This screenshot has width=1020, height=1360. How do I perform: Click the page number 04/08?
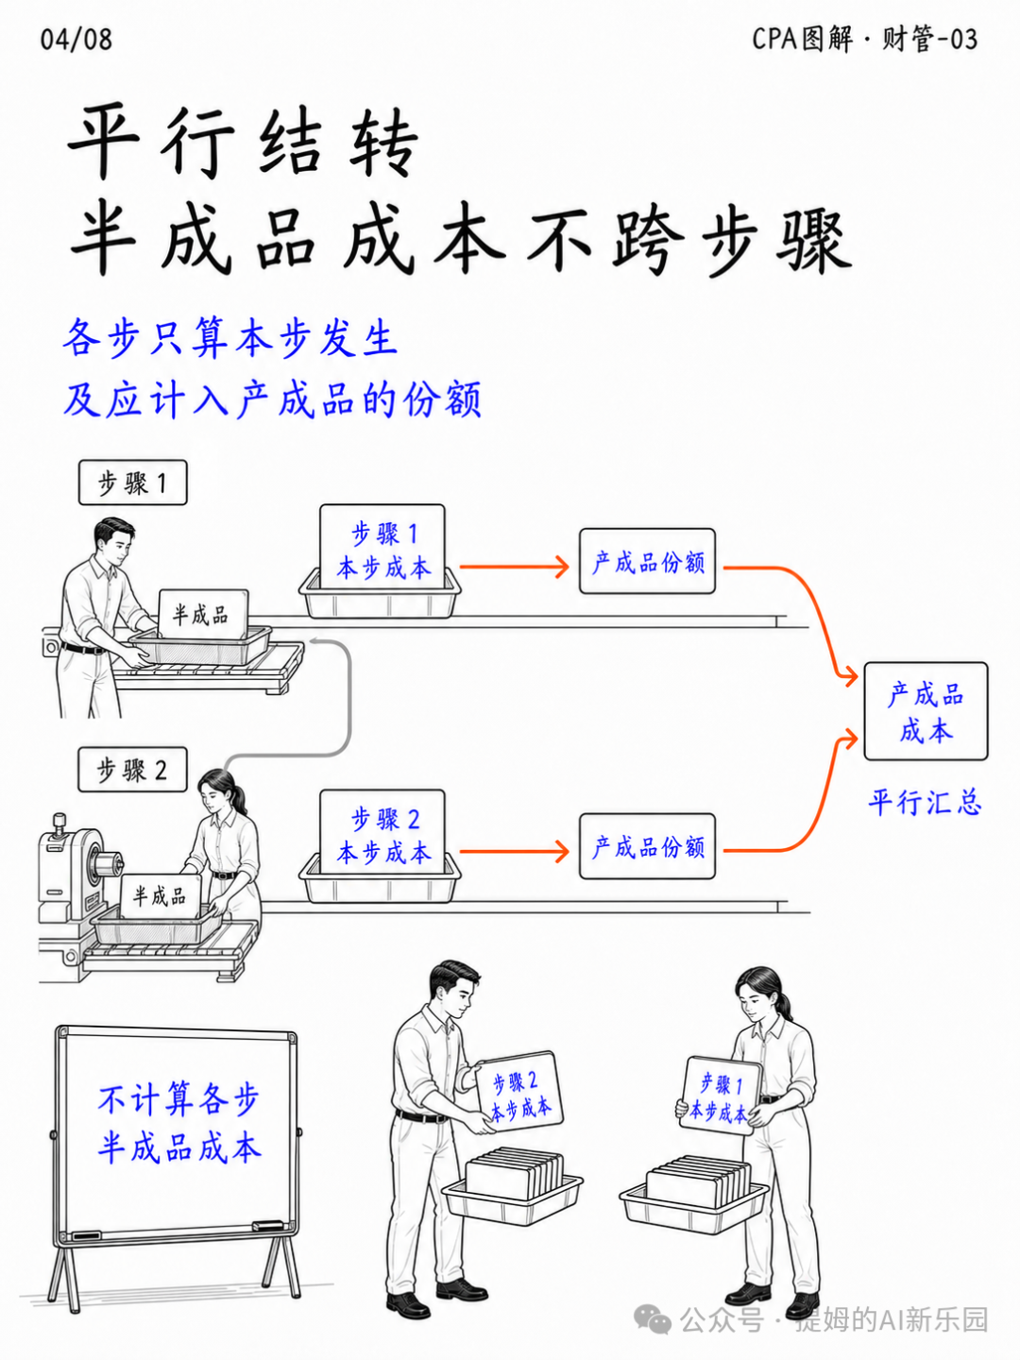coord(76,40)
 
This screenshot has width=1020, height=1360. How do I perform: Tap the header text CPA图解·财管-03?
coord(864,39)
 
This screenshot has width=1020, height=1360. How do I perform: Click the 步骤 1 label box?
coord(132,482)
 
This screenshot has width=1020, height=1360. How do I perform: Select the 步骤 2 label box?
coord(132,770)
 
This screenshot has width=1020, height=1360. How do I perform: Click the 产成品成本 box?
coord(926,711)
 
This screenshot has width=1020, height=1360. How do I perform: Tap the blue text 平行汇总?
coord(926,803)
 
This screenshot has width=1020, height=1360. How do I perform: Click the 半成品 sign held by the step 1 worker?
coord(203,614)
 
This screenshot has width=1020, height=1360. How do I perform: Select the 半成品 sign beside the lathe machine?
coord(161,896)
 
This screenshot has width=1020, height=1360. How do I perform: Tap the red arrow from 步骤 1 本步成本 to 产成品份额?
coord(514,567)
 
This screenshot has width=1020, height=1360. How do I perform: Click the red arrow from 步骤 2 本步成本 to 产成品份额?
coord(514,851)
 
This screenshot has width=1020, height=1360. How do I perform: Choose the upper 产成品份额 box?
coord(647,561)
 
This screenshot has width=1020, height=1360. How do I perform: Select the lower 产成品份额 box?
coord(647,846)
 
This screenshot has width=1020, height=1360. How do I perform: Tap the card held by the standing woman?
coord(721,1096)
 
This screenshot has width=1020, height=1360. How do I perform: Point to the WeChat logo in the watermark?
coord(652,1318)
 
